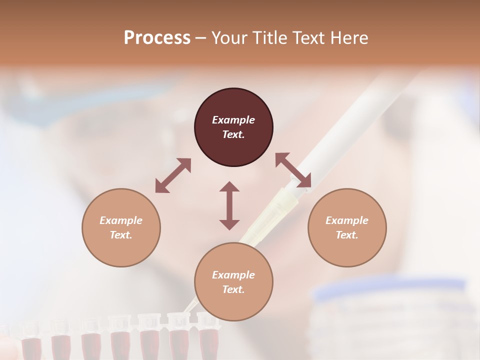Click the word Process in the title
(x=157, y=38)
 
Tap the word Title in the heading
(x=270, y=38)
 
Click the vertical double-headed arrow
(x=229, y=205)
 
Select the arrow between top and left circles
(x=173, y=175)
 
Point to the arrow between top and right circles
(x=293, y=170)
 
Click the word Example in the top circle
(x=233, y=120)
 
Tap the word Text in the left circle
(x=121, y=235)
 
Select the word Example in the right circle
(x=347, y=220)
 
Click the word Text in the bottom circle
(x=233, y=289)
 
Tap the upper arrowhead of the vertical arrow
(x=229, y=187)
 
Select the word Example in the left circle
(x=121, y=220)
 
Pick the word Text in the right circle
(x=347, y=235)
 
